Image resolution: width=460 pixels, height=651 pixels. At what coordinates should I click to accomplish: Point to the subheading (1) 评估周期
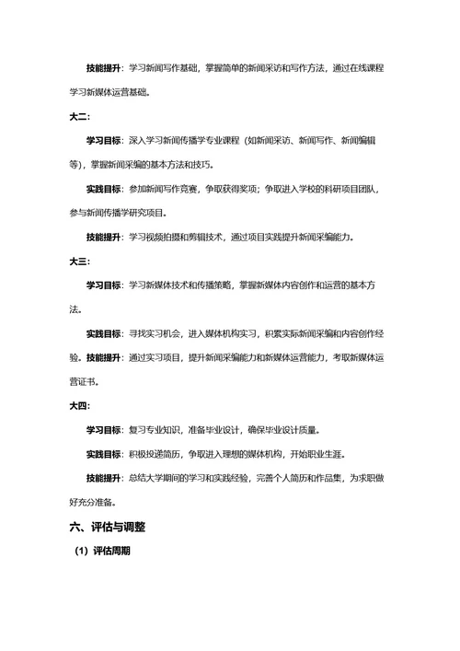[103, 552]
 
